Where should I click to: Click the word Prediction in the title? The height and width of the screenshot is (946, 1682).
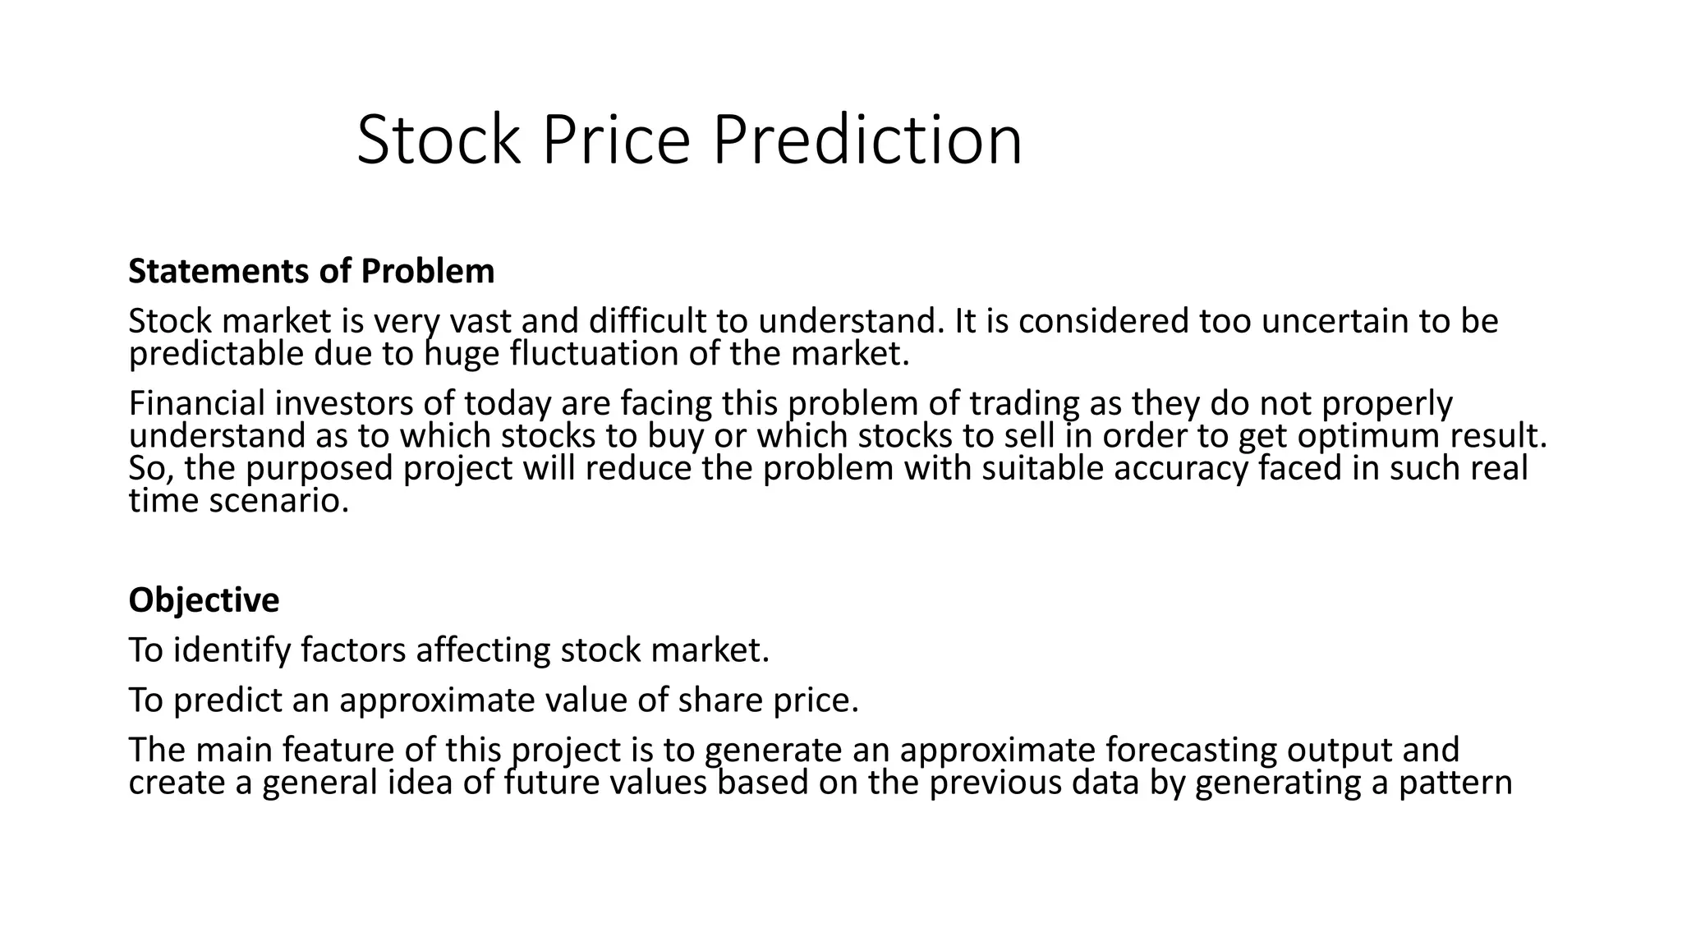click(867, 140)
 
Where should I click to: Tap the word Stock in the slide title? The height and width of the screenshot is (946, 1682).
click(439, 140)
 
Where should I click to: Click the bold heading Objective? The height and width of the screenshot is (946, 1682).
click(204, 600)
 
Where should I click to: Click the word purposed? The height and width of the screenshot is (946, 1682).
click(319, 469)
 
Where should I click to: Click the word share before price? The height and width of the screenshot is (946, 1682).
click(720, 700)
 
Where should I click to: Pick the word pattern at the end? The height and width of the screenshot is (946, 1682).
click(1455, 783)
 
